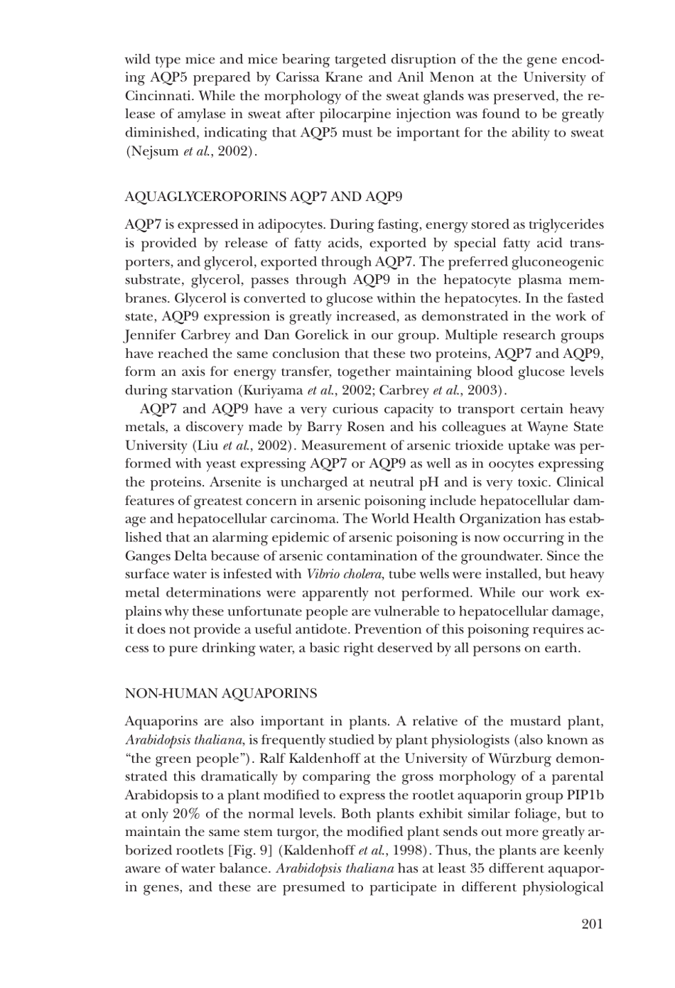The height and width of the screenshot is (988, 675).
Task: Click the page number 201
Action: tap(591, 923)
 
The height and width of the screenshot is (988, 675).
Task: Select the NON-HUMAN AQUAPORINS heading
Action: tap(221, 693)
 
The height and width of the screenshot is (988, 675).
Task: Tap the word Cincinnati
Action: tap(160, 96)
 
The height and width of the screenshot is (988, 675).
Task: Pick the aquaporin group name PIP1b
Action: tap(585, 795)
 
